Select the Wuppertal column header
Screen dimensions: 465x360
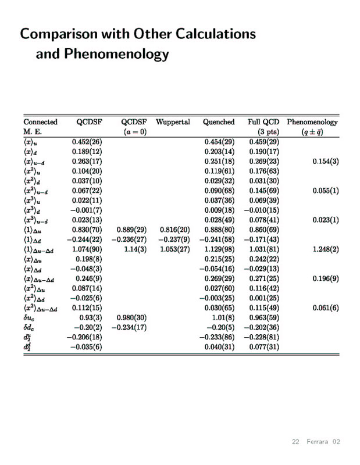pos(173,122)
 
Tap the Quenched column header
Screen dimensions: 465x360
pos(219,122)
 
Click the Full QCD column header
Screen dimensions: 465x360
pos(263,122)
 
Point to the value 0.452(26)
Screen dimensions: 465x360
pos(87,141)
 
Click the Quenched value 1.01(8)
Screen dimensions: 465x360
pos(222,318)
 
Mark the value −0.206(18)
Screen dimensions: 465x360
pos(84,338)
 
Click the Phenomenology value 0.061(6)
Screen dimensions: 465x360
pos(325,308)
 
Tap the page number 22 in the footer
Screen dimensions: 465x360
pos(295,442)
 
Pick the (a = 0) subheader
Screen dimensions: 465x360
pos(134,132)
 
